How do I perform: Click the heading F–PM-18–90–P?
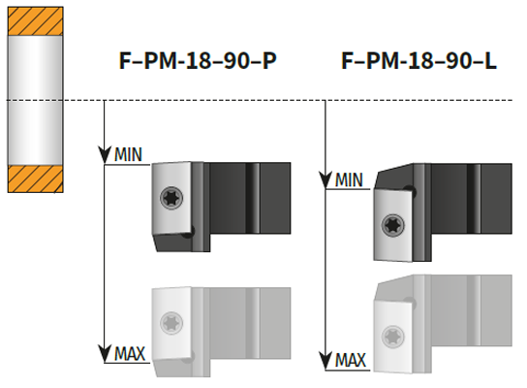coord(198,60)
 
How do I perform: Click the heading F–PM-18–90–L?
coord(418,60)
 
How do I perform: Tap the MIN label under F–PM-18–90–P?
coord(128,155)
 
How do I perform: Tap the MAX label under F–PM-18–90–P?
coord(130,354)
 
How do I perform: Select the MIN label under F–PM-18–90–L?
coord(349,180)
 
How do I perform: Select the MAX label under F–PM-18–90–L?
coord(351,360)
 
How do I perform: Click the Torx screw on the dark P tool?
coord(171,198)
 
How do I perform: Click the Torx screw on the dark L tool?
coord(392,225)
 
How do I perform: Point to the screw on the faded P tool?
coord(171,323)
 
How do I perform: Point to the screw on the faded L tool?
coord(392,337)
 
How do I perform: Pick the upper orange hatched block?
coord(35,21)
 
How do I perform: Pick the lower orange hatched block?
coord(35,178)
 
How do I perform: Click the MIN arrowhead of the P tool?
coord(105,155)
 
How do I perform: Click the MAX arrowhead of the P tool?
coord(105,354)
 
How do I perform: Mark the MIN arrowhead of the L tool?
coord(325,180)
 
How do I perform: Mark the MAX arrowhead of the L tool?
coord(325,361)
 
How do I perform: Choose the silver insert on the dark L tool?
coord(393,225)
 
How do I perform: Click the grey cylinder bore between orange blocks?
coord(35,100)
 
